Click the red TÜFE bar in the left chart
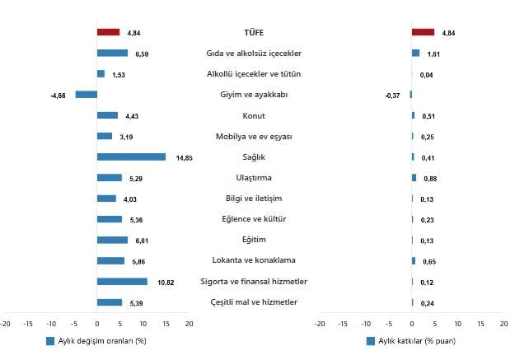point(108,32)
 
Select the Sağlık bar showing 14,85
point(131,157)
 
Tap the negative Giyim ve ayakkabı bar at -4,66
point(86,95)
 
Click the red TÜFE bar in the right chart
point(423,32)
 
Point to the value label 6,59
point(142,54)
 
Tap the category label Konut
point(254,115)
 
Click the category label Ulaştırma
point(254,177)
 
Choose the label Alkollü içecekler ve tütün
point(254,74)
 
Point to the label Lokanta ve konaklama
point(254,260)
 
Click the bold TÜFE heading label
point(254,32)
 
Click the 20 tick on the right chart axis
point(503,323)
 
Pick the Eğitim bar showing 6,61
point(112,240)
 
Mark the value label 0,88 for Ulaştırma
point(430,178)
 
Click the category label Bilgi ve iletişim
point(254,198)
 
